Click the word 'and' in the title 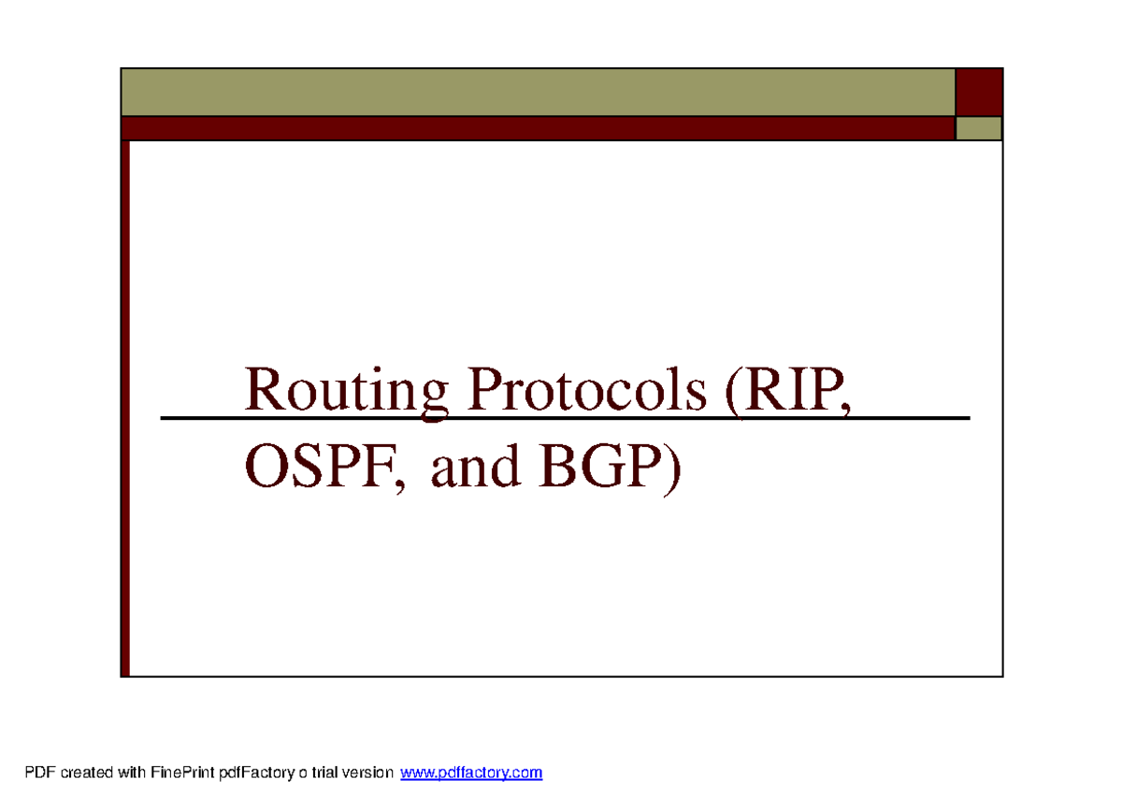click(x=475, y=468)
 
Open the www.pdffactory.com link click(x=471, y=773)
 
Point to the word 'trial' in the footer click(x=322, y=773)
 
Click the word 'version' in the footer click(x=368, y=773)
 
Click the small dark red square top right click(x=979, y=92)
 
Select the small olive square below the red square click(x=979, y=128)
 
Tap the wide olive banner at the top click(x=538, y=92)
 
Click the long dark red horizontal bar click(x=538, y=128)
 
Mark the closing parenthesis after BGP click(x=673, y=468)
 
